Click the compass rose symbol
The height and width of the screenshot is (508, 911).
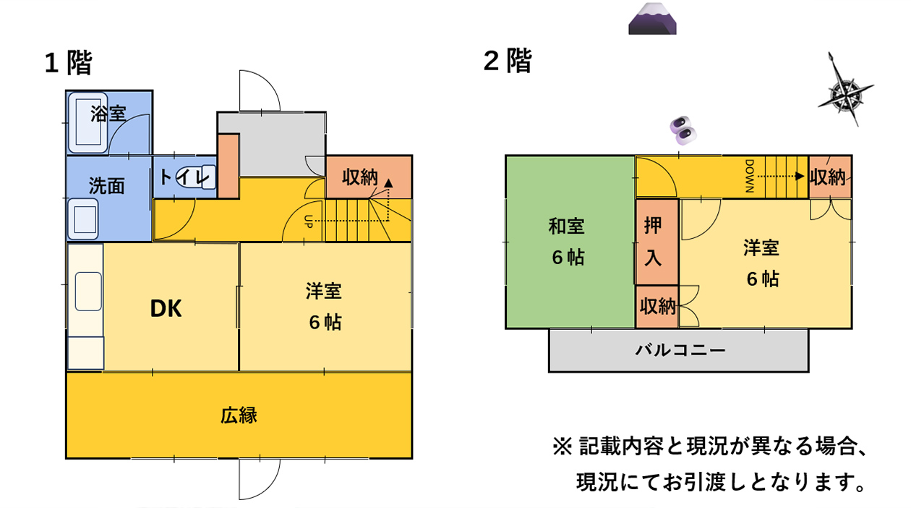pos(845,92)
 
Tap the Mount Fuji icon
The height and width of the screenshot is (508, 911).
pos(652,20)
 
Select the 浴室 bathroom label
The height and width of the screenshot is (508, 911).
pos(108,114)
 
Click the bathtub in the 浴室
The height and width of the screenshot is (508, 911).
pos(88,123)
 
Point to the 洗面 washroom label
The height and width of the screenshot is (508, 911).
pos(107,186)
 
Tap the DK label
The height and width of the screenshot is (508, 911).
pos(166,309)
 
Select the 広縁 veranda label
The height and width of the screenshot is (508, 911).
pos(239,416)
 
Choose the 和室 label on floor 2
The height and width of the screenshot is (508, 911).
pos(566,227)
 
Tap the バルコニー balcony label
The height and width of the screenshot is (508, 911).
pos(680,351)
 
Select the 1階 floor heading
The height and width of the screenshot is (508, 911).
pos(68,63)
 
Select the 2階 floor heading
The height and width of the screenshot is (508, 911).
pos(508,62)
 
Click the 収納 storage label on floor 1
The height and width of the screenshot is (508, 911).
pos(360,177)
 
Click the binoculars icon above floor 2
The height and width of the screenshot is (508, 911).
pos(683,129)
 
